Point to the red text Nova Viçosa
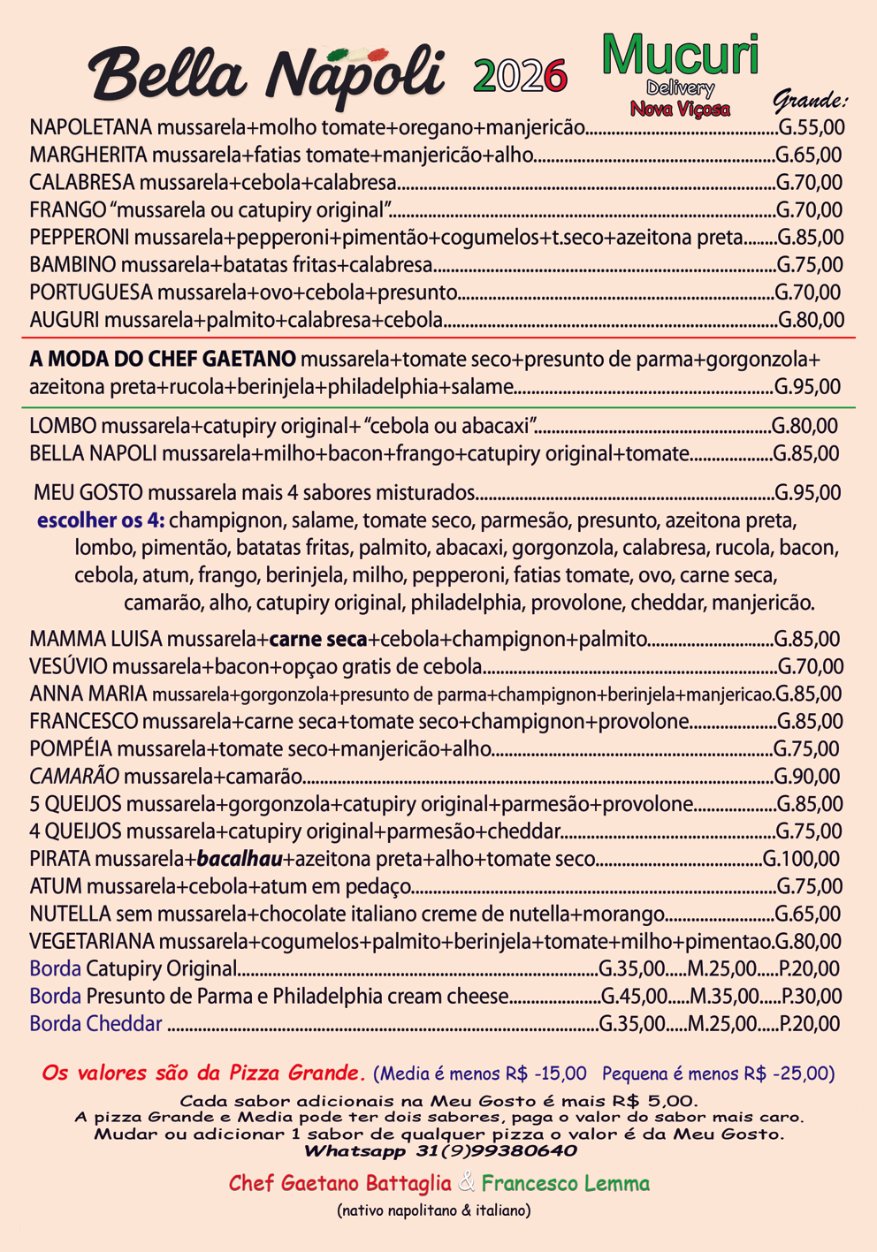coord(680,109)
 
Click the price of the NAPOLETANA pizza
coord(811,127)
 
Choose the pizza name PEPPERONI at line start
coord(80,237)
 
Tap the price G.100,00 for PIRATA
coord(801,858)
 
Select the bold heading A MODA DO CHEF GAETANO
coord(163,360)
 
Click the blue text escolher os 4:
coord(101,520)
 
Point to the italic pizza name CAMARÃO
coord(74,776)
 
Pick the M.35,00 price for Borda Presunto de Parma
coord(724,996)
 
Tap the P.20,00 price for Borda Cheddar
coord(810,1023)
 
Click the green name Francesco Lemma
coord(566,1183)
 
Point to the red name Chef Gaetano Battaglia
coord(339,1183)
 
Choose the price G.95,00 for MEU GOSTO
coord(807,492)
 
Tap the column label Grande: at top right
coord(810,99)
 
